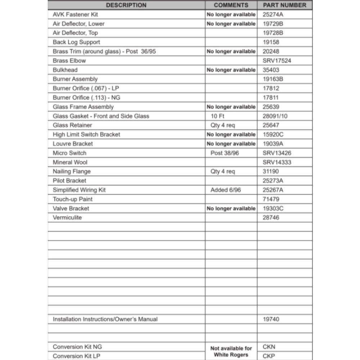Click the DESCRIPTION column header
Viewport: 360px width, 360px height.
coord(126,5)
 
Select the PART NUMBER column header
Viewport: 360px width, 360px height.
coord(284,5)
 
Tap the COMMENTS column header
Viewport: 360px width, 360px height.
coord(231,5)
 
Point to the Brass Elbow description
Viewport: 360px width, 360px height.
coord(69,61)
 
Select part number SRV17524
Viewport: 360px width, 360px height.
coord(277,61)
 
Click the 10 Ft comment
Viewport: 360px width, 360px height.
coord(217,116)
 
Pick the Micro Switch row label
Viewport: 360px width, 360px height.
coord(69,153)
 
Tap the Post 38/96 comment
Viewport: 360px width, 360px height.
coord(225,153)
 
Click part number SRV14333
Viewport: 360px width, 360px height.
coord(277,162)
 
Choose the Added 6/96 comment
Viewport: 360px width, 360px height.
coord(225,190)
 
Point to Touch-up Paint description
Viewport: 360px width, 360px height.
coord(72,199)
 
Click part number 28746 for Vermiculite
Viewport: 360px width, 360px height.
coord(271,218)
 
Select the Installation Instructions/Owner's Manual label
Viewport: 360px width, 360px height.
coord(105,319)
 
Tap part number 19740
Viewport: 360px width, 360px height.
coord(271,319)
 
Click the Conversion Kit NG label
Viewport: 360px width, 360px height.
coord(77,347)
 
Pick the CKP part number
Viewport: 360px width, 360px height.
coord(269,356)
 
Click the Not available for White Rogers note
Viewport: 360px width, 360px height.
coord(231,351)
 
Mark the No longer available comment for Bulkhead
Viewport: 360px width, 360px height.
coord(231,70)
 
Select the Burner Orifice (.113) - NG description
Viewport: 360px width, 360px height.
coord(86,98)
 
